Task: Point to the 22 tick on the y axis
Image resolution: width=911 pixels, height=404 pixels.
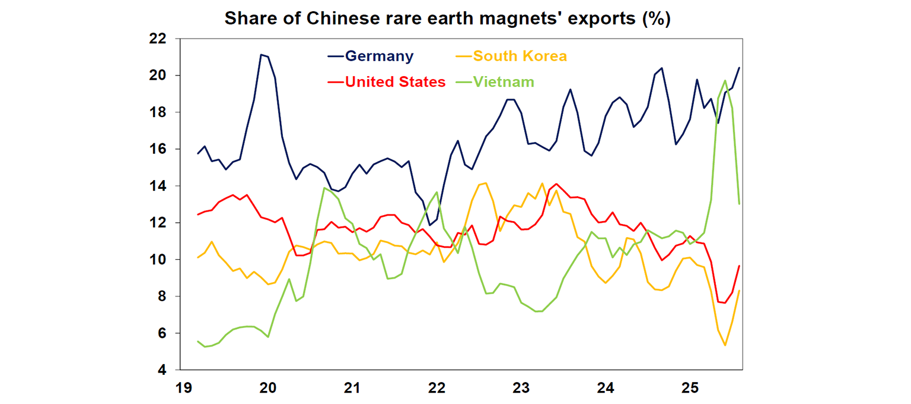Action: coord(158,39)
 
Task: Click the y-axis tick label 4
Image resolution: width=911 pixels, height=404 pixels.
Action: coord(162,370)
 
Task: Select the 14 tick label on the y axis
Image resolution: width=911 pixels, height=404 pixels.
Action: coord(158,186)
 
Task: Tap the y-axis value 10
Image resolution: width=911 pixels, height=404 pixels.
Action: coord(158,260)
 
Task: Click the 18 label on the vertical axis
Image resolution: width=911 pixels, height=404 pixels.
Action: coord(158,112)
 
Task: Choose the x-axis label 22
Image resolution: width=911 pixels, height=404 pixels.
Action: coord(437,389)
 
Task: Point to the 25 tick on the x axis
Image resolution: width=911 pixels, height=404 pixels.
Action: coord(689,389)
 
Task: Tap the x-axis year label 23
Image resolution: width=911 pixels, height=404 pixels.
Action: coord(521,389)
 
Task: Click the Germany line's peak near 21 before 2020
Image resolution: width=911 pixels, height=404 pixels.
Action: coord(261,55)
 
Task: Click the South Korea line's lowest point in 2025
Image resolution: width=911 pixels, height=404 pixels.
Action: coord(725,345)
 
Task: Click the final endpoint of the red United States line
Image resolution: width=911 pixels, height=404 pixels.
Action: coord(739,266)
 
